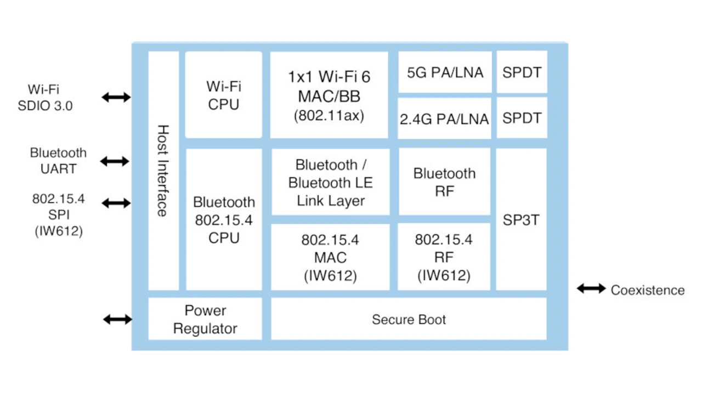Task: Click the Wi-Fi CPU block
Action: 223,95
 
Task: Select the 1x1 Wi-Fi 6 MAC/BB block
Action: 329,95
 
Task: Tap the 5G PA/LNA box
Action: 445,72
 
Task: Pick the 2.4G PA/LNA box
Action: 444,119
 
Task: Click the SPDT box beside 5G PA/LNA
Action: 522,72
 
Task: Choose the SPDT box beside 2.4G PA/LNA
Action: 522,118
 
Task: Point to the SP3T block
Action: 521,219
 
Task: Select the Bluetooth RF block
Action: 444,182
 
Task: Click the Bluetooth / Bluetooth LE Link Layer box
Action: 331,182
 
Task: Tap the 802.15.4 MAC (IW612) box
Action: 330,257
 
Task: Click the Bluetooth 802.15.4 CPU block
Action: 224,219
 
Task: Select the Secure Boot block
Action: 409,319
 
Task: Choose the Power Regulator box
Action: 205,319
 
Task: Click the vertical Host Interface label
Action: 163,171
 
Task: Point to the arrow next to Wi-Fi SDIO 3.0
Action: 116,98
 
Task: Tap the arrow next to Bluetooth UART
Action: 115,161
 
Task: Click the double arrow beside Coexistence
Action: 591,289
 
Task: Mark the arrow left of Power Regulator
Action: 117,319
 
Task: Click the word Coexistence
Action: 648,290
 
